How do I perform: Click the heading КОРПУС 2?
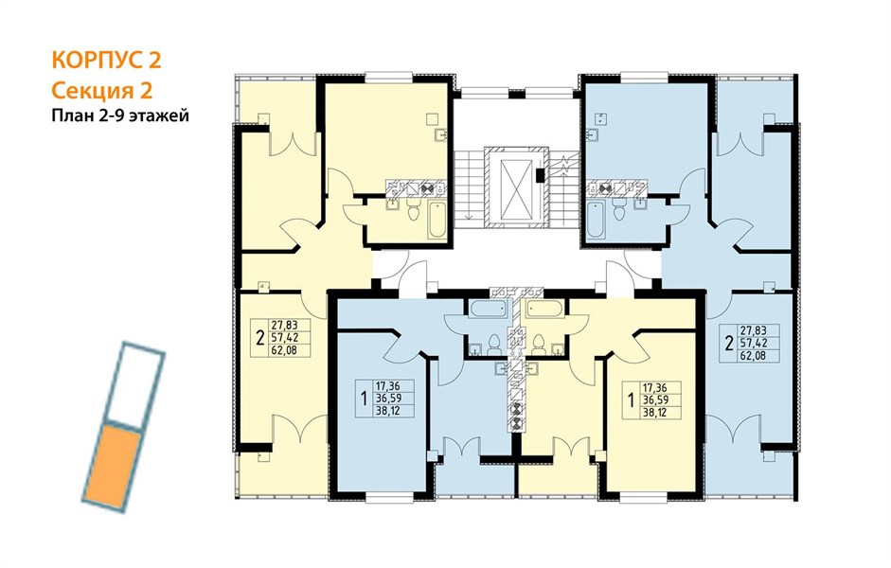click(x=106, y=60)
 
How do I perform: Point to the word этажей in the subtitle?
click(x=159, y=116)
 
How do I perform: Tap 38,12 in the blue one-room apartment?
click(x=387, y=411)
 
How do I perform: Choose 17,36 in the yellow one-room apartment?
click(x=654, y=387)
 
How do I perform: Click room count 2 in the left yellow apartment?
click(x=259, y=339)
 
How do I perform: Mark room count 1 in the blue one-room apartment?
click(x=363, y=399)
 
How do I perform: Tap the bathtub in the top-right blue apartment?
click(x=596, y=220)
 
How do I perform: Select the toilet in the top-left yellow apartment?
click(x=414, y=210)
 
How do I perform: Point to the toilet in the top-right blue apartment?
click(x=619, y=210)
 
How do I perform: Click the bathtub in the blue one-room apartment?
click(x=488, y=310)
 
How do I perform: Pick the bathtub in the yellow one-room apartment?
click(x=545, y=310)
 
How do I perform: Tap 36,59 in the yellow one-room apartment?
click(x=654, y=399)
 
